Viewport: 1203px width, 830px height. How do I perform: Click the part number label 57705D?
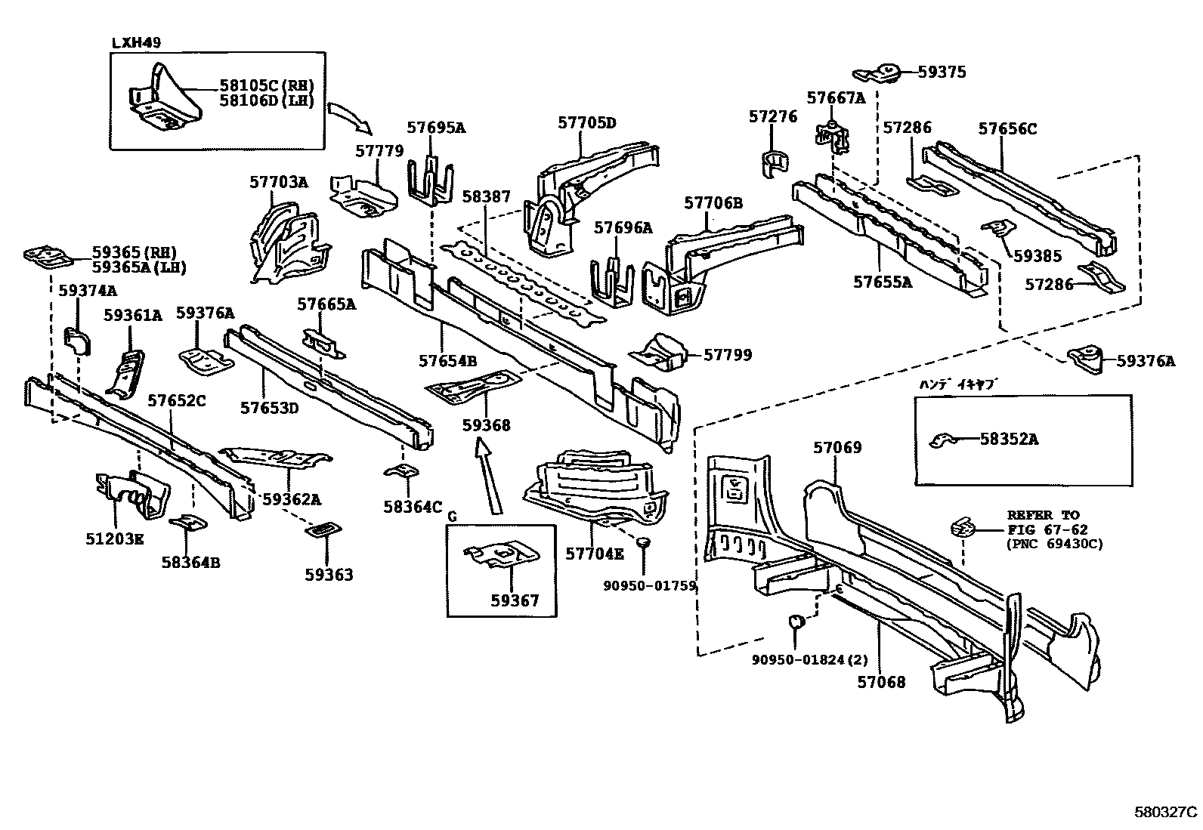587,122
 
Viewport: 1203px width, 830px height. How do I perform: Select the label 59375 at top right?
942,72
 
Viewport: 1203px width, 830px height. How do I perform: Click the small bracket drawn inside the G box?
501,555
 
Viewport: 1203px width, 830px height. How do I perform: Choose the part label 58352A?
1009,439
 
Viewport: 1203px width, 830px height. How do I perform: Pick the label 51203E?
114,538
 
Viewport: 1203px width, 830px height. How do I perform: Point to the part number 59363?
329,575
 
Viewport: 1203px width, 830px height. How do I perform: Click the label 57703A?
279,182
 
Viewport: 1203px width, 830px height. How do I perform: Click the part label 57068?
881,682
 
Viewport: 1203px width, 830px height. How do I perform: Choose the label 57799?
728,354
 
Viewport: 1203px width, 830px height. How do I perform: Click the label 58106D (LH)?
266,100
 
